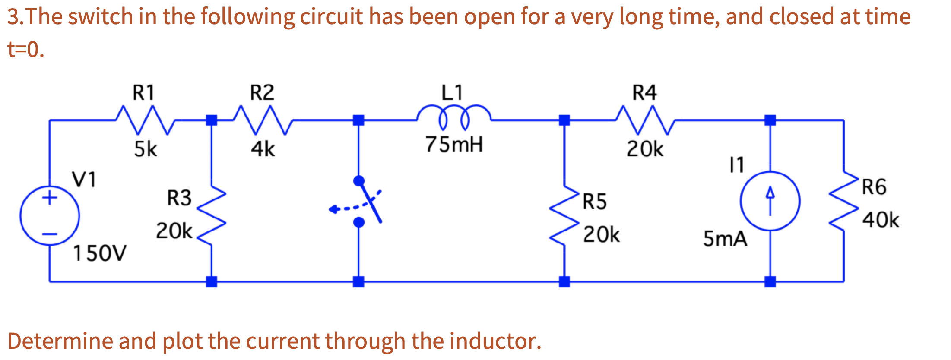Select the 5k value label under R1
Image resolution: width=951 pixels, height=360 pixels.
[x=145, y=149]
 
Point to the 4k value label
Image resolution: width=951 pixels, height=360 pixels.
[x=263, y=149]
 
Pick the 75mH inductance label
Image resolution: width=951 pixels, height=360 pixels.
[x=453, y=145]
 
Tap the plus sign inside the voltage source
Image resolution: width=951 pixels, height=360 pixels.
[x=50, y=198]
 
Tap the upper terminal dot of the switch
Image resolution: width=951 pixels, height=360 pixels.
[x=358, y=180]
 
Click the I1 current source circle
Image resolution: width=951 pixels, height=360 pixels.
[x=770, y=201]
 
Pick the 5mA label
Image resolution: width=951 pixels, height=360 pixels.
[x=725, y=239]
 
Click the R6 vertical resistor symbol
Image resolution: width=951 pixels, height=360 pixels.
[x=843, y=201]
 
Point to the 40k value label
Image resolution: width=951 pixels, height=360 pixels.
[x=880, y=220]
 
